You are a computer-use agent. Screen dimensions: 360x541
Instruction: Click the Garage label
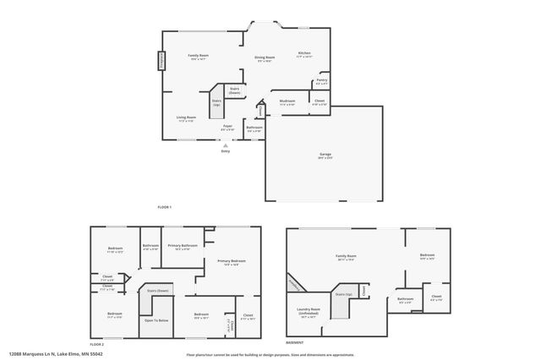[325, 155]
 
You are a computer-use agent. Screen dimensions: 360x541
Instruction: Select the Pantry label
[321, 83]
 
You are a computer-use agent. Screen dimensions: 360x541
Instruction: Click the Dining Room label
[265, 58]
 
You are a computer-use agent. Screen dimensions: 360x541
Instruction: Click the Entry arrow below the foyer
[225, 145]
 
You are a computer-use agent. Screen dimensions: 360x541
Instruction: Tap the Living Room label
[186, 118]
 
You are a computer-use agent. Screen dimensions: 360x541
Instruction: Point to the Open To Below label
[156, 320]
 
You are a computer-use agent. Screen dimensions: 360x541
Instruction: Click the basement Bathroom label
[406, 299]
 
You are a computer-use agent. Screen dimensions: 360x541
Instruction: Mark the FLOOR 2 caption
[97, 344]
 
